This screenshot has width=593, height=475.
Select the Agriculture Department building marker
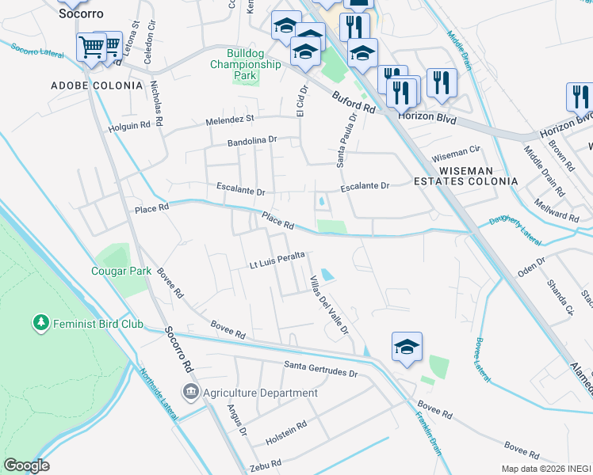190,392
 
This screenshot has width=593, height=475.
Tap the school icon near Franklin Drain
407,346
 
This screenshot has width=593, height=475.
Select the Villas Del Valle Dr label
329,305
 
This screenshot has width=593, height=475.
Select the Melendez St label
229,119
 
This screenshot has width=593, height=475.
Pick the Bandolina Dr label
251,140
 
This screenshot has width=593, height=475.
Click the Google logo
26,465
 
